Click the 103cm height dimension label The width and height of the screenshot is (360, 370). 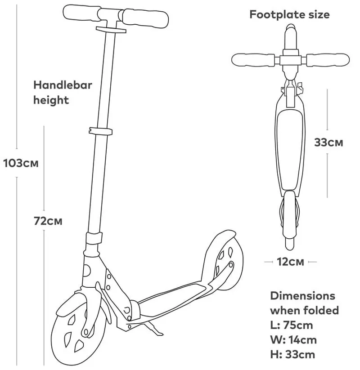pos(21,163)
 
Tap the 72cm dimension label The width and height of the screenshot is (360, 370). pos(48,221)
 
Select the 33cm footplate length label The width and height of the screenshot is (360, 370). pos(328,142)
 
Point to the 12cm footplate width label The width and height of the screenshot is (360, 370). pos(290,262)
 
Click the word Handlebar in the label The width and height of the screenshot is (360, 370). pos(63,85)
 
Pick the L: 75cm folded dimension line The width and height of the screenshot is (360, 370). pos(292,325)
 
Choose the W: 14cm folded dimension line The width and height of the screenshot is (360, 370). pos(293,340)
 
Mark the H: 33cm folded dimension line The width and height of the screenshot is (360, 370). pos(292,354)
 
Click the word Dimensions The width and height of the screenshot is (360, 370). pos(302,296)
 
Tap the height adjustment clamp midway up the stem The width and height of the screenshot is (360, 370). pos(100,131)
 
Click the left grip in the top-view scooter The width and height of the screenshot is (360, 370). pos(253,60)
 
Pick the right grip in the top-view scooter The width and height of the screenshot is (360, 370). pos(328,60)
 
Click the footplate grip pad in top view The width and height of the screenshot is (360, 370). pos(290,149)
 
